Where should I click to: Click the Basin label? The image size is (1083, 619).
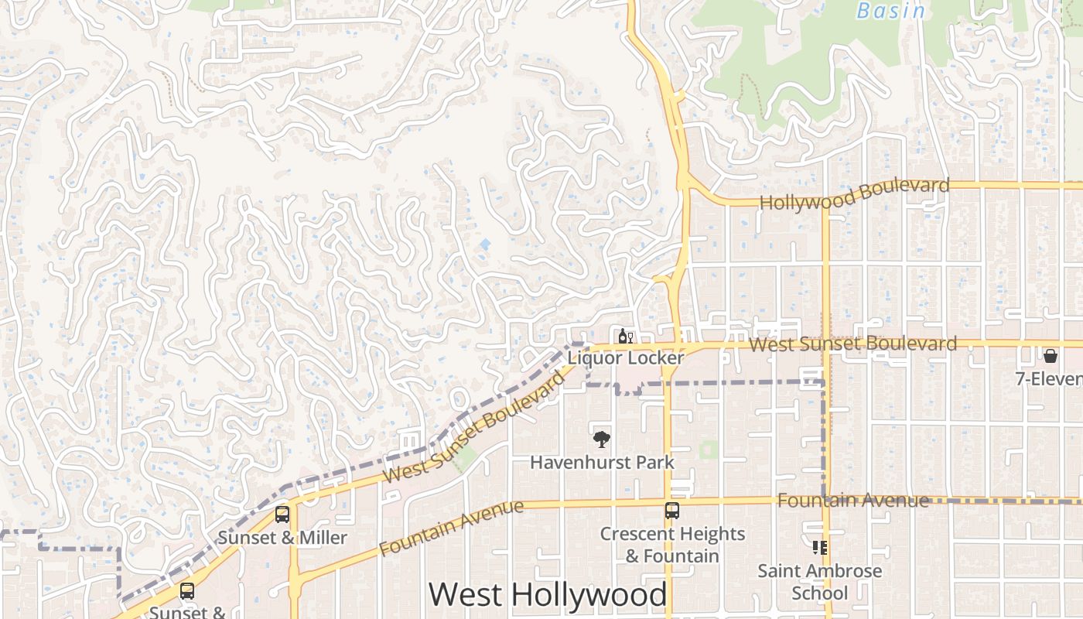tap(891, 11)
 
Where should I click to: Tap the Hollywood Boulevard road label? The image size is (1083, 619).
tap(854, 193)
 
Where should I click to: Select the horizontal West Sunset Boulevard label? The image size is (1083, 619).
tap(852, 344)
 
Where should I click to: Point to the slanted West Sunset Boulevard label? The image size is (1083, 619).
tap(474, 427)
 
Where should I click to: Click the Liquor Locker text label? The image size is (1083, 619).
tap(625, 358)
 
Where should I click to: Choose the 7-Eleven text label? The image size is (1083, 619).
tap(1049, 378)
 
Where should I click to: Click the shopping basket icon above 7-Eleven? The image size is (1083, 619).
tap(1051, 356)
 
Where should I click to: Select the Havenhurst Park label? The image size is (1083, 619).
tap(602, 463)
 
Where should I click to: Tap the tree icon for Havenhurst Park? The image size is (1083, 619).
tap(601, 439)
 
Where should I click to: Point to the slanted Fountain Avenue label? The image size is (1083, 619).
tap(452, 528)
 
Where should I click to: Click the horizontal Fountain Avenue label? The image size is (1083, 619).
tap(852, 501)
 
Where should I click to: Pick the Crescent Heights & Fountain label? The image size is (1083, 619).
tap(672, 545)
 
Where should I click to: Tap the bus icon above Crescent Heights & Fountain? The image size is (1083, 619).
tap(671, 511)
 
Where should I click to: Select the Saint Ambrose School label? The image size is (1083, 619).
tap(819, 582)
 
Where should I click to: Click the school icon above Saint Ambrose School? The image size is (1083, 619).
tap(819, 548)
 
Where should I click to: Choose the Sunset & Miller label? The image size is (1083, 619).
tap(282, 538)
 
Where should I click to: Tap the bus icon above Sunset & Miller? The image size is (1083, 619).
tap(282, 515)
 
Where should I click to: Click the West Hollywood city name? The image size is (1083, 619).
tap(547, 595)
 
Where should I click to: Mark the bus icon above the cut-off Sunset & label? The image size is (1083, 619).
tap(187, 591)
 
